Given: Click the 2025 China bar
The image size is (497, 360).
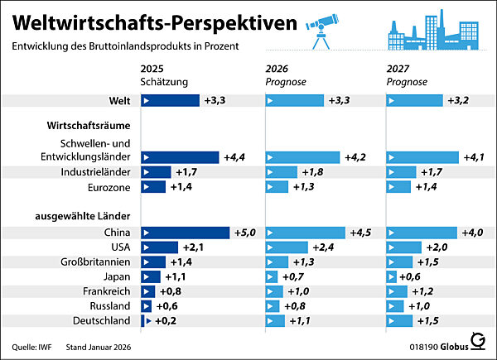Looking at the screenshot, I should (186, 233).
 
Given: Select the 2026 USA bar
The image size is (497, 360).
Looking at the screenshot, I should (287, 247).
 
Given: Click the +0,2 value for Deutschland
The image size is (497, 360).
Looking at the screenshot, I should (163, 320).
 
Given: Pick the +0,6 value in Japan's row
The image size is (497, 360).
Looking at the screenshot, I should (411, 276).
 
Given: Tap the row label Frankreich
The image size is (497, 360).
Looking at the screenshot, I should (107, 291).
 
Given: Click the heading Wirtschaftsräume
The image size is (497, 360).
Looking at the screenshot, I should (84, 125).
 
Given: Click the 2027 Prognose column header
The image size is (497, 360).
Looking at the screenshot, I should (407, 75).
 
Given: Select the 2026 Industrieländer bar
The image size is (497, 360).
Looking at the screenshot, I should (281, 172).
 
